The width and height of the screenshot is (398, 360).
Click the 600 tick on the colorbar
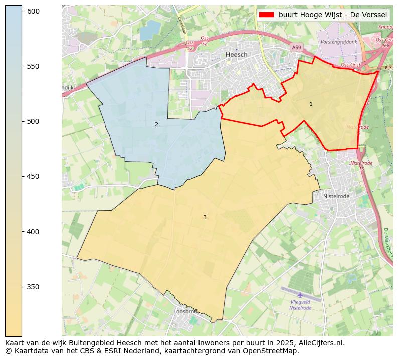click(34, 11)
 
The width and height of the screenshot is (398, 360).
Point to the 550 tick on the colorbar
click(34, 66)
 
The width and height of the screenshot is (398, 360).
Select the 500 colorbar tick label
click(34, 121)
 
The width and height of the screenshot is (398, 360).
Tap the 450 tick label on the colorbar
click(34, 176)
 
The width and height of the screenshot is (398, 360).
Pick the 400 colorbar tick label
click(34, 232)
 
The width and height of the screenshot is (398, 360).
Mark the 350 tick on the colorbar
click(34, 287)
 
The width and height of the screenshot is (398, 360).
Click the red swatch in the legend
click(267, 15)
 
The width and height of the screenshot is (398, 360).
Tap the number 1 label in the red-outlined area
click(311, 104)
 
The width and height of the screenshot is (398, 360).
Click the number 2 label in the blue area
click(156, 124)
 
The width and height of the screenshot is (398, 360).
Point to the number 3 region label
click(205, 217)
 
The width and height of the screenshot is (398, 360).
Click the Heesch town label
click(237, 55)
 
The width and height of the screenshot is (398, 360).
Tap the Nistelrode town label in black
click(336, 196)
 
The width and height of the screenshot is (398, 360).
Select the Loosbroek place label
click(185, 311)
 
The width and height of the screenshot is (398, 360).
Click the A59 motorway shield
click(297, 47)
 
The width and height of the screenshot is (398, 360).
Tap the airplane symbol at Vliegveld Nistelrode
click(300, 295)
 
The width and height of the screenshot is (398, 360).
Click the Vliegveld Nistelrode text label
click(300, 305)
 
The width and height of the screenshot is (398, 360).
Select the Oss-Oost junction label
click(351, 65)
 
